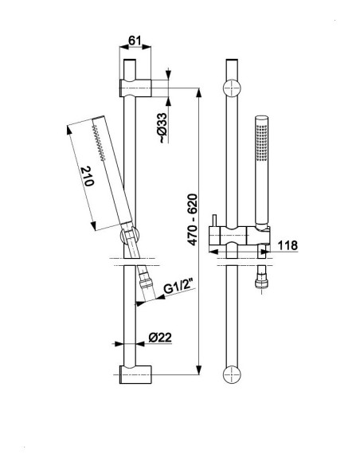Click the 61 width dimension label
pos(135,40)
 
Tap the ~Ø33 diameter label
pos(162,128)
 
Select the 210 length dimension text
pos(88,177)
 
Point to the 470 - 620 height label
pos(193,220)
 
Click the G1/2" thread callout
pos(180,287)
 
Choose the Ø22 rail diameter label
pos(160,338)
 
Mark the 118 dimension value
pos(288,245)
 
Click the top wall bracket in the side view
pos(135,88)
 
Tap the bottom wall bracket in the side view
pos(135,374)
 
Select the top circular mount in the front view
pos(232,88)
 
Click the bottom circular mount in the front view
pos(232,374)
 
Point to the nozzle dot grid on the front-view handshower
pos(261,143)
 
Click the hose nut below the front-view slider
pos(261,283)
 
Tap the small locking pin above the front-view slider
pos(214,221)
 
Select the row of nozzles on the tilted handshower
pos(99,143)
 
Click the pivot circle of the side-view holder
pos(129,236)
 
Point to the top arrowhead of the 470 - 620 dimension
pos(199,92)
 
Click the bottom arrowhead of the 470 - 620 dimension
pos(199,369)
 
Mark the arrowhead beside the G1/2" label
pos(159,297)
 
